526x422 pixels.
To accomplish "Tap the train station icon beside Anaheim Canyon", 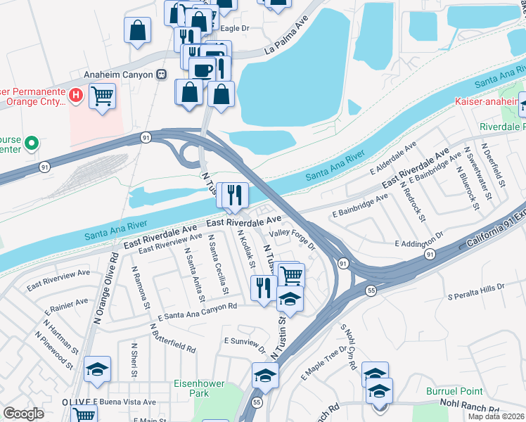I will (x=162, y=74).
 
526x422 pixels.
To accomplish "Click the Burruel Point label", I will (x=454, y=391).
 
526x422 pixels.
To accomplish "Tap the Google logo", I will (x=23, y=414).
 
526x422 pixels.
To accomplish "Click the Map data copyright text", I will (x=496, y=416).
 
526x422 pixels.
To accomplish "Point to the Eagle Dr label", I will (x=235, y=28).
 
